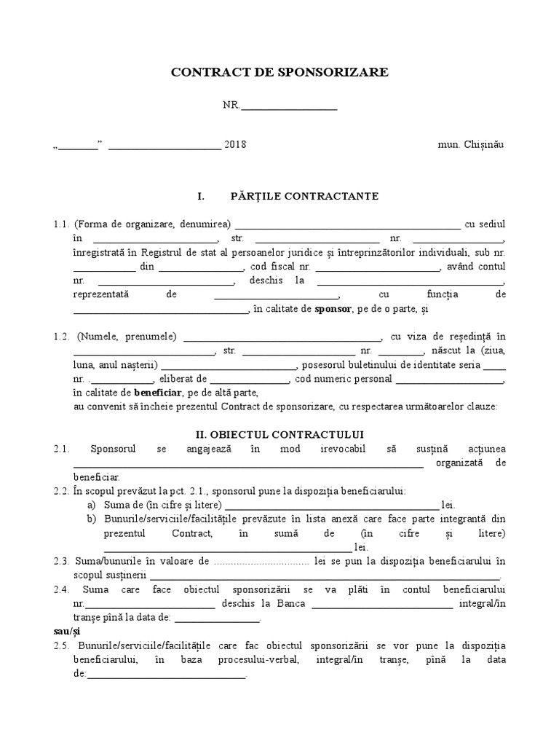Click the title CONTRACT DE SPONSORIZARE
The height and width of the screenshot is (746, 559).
point(279,73)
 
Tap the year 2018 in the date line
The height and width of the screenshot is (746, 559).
point(236,144)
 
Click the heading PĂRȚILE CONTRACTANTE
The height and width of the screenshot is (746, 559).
point(304,197)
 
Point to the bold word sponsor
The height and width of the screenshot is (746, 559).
point(333,310)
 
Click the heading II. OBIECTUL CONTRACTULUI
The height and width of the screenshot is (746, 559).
point(279,434)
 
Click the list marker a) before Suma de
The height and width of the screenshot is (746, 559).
point(91,505)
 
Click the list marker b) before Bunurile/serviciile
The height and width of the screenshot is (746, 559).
point(91,519)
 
